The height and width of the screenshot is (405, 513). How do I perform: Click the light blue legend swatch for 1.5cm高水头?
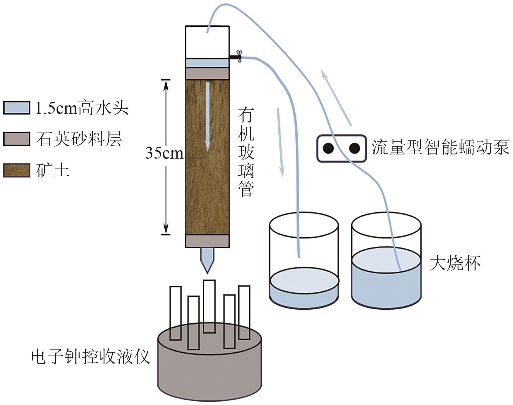(x=17, y=108)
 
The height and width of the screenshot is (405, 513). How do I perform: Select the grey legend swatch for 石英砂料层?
(x=17, y=139)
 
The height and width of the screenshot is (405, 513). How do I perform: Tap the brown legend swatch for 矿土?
(x=17, y=170)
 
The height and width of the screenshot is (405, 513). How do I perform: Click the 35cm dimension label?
(x=164, y=153)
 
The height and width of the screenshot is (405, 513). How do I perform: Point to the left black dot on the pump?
(x=328, y=148)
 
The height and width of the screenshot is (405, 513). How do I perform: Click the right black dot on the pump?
(x=354, y=148)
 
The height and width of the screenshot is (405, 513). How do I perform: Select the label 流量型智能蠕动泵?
(x=440, y=147)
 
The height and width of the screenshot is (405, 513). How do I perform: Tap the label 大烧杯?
(x=455, y=263)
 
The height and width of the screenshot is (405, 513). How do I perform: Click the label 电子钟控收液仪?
(x=91, y=357)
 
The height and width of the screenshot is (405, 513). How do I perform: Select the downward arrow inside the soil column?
(x=208, y=117)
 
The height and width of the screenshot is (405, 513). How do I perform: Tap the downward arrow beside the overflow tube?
(x=280, y=142)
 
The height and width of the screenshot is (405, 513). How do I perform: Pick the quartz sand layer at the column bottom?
(x=207, y=241)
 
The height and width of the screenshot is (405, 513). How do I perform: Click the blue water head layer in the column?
(x=207, y=63)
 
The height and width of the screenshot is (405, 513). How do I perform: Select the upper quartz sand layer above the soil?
(x=207, y=74)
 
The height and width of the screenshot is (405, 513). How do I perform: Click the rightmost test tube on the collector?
(x=244, y=312)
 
